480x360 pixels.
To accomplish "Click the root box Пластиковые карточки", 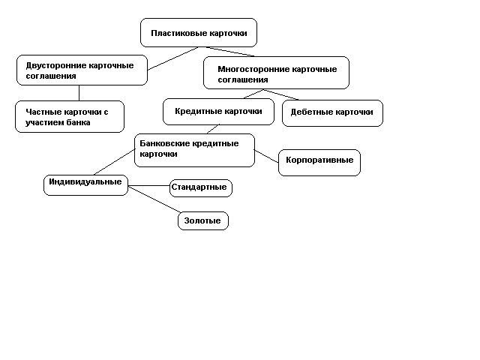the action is click(x=199, y=32).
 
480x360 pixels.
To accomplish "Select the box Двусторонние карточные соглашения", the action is click(x=82, y=70).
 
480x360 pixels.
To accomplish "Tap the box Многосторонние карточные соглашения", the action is click(x=276, y=73).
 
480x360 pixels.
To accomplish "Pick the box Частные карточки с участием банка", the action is click(x=70, y=117).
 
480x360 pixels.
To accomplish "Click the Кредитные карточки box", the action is click(x=218, y=112).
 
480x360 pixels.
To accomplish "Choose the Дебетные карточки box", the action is click(x=332, y=113).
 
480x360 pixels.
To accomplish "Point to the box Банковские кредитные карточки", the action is click(x=195, y=150).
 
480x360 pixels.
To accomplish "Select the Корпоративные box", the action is click(x=319, y=163).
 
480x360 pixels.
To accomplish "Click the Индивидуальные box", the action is click(x=85, y=185).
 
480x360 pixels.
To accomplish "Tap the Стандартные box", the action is click(x=201, y=188).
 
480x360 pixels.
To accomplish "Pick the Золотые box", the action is click(x=203, y=220).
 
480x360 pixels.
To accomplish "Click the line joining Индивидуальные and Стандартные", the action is click(x=148, y=185).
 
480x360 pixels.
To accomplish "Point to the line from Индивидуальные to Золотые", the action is click(x=154, y=199).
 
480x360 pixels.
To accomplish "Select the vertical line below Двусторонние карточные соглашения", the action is click(x=79, y=93).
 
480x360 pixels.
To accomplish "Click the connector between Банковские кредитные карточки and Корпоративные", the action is click(x=266, y=156).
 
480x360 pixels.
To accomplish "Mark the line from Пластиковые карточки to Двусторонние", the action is click(x=173, y=58).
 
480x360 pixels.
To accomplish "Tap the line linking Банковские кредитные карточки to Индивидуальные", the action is click(x=115, y=162).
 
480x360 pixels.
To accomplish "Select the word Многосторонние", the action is click(x=253, y=69).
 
